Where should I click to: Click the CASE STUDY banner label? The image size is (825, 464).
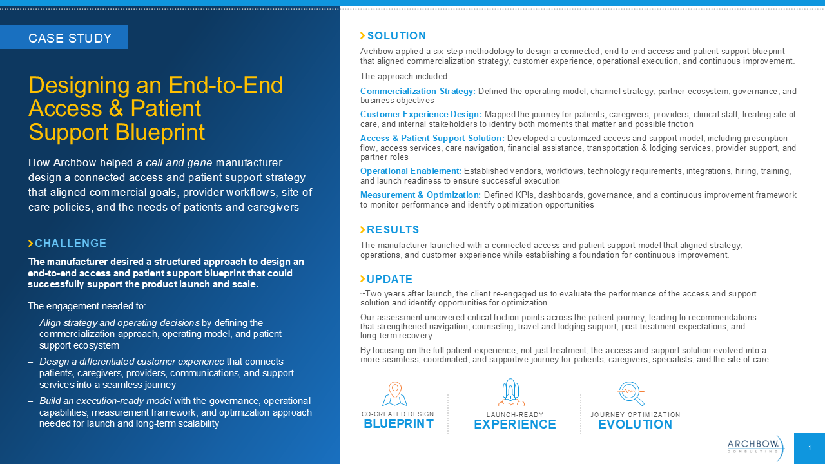(x=70, y=38)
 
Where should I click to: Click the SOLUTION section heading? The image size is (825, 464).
(x=396, y=35)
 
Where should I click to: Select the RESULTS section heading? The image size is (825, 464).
(x=393, y=230)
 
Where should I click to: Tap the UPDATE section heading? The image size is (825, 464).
(x=390, y=279)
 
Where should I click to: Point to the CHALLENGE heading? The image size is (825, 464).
(x=71, y=243)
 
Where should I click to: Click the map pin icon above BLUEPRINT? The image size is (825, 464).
(x=395, y=394)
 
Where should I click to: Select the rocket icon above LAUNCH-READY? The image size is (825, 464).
(x=511, y=392)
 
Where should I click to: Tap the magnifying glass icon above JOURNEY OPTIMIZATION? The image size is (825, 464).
(x=631, y=393)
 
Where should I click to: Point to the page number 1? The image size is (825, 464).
(x=810, y=448)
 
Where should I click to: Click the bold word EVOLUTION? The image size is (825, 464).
(x=636, y=424)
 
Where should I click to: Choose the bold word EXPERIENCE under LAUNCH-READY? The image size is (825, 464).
(x=515, y=424)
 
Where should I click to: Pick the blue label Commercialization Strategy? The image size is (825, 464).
(x=418, y=91)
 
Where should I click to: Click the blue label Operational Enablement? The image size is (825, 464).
(x=411, y=171)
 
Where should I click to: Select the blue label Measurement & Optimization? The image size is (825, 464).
(x=420, y=195)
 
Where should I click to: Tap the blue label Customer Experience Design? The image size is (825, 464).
(x=421, y=115)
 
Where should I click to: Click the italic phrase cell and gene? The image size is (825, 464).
(x=179, y=163)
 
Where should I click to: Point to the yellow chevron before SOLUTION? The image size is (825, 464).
(x=363, y=35)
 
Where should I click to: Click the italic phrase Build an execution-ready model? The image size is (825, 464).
(x=106, y=401)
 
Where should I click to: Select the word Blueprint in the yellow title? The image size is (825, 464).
(x=160, y=132)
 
